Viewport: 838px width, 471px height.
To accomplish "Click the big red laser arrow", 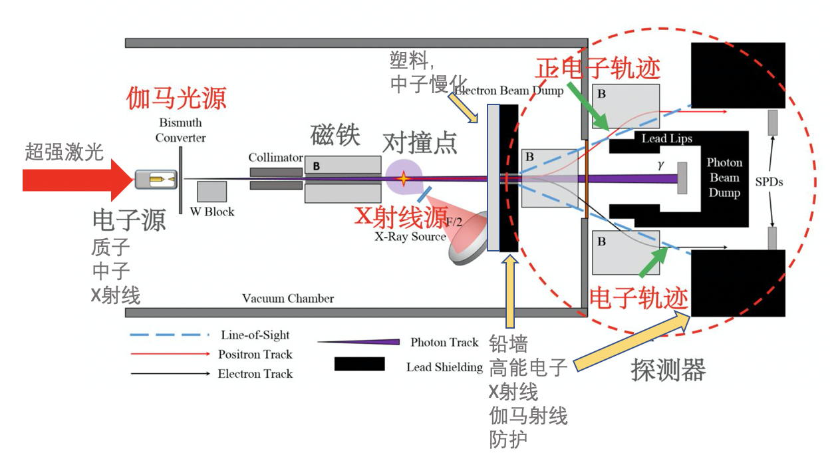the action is (76, 180).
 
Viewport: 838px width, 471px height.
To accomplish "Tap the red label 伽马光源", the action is (176, 98).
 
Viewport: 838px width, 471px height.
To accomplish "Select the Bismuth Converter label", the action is (181, 130).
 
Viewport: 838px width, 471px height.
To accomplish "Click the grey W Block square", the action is (211, 192).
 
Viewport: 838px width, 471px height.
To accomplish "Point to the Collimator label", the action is (275, 158).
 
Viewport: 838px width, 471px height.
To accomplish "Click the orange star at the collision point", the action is (403, 179).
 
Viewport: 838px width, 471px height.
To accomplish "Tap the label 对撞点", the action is (420, 143).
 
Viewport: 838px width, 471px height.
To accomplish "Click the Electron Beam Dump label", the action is (509, 90).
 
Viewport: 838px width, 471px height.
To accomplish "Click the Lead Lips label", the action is (667, 138).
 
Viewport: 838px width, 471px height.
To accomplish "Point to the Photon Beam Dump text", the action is (724, 178).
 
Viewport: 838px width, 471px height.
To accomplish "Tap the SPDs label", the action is (769, 182).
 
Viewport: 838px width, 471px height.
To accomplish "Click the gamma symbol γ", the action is (661, 165).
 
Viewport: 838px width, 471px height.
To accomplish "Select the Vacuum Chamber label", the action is (288, 298).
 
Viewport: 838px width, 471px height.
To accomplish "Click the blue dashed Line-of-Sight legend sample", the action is (170, 335).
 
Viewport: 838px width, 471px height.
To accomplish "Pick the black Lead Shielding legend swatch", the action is (360, 364).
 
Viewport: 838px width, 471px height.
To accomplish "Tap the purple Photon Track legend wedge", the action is (359, 341).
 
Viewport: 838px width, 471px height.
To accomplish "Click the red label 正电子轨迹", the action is (598, 69).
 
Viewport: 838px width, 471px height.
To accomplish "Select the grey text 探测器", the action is (668, 370).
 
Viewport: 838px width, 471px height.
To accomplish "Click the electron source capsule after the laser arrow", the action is (156, 180).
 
